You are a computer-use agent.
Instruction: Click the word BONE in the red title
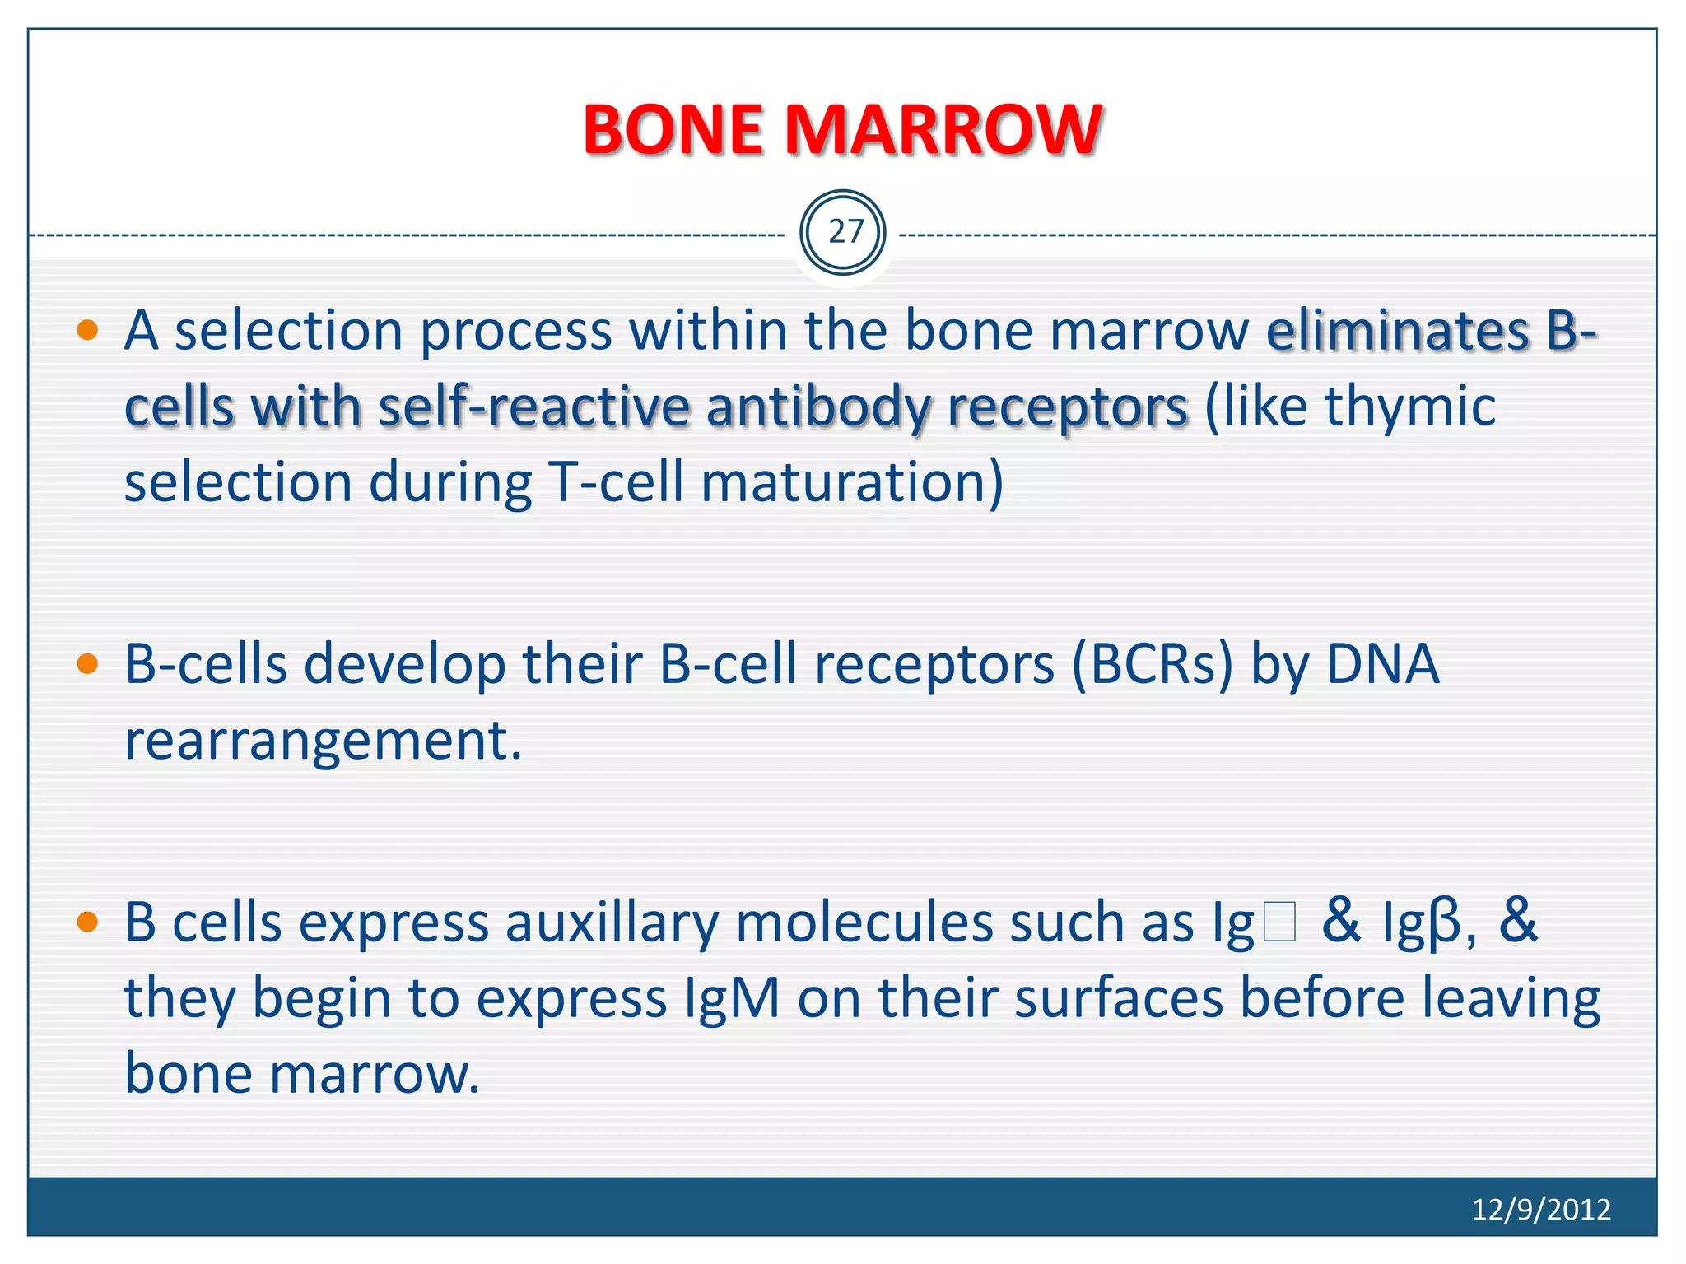pos(673,130)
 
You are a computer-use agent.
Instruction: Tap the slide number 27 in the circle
pos(844,232)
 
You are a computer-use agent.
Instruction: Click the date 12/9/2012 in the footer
pos(1540,1209)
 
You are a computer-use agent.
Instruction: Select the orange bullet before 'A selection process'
pos(87,332)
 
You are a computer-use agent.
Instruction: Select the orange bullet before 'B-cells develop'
pos(87,664)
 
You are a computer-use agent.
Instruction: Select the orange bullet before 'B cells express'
pos(87,922)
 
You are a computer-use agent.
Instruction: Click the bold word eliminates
pos(1397,331)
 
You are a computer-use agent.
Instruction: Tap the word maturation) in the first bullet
pos(852,483)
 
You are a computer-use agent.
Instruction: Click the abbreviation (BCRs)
pos(1152,664)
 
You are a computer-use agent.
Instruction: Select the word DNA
pos(1382,664)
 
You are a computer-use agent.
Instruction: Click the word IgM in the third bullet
pos(732,998)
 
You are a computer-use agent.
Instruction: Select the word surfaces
pos(1118,998)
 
